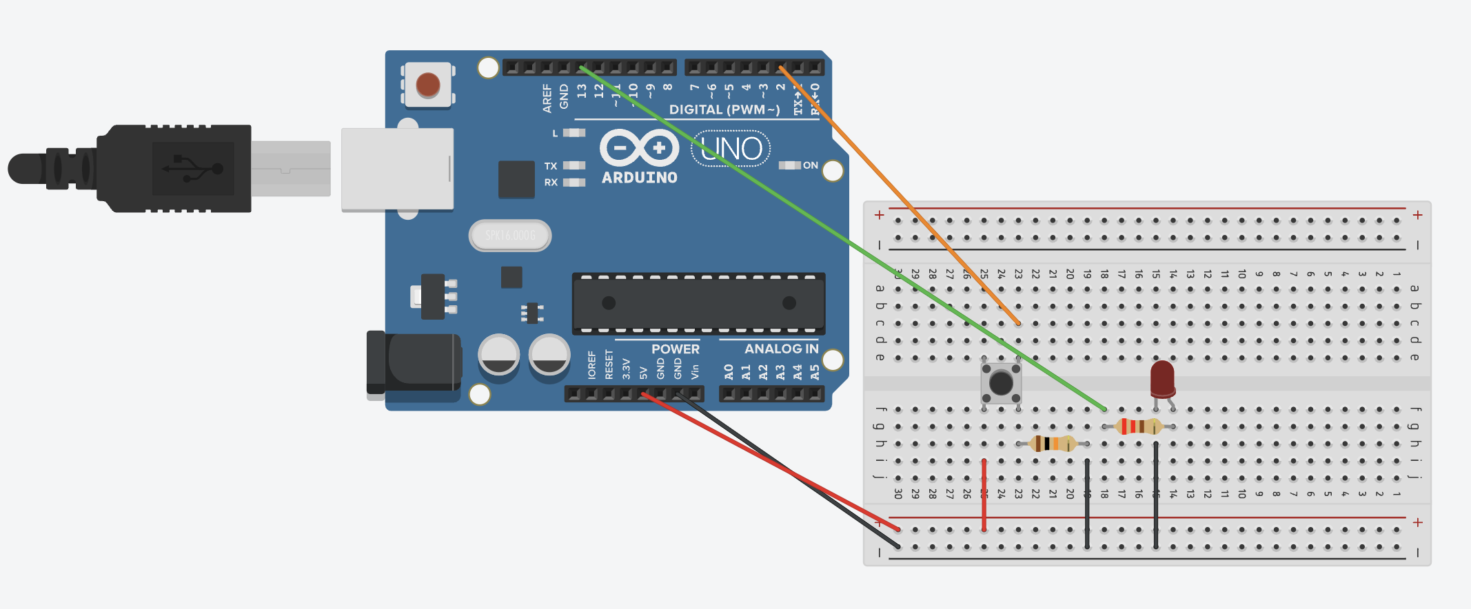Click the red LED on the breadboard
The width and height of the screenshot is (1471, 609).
click(x=1162, y=378)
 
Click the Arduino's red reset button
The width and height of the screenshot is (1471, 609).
click(x=428, y=85)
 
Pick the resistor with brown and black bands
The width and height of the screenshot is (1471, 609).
click(x=1052, y=444)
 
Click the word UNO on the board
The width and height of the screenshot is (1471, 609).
click(x=731, y=148)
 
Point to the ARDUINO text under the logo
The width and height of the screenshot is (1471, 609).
click(x=639, y=178)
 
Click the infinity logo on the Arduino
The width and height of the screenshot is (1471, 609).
click(x=639, y=147)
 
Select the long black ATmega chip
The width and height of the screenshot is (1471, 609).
click(x=698, y=303)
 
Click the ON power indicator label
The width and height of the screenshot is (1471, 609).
click(x=810, y=165)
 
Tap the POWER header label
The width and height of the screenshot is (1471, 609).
click(x=675, y=349)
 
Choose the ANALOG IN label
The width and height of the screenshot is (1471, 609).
click(x=781, y=349)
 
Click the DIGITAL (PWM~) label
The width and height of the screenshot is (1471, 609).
click(x=724, y=110)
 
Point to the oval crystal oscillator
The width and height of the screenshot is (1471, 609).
click(x=510, y=236)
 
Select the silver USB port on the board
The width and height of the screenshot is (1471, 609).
click(x=397, y=169)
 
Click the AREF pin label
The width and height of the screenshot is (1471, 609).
click(x=547, y=99)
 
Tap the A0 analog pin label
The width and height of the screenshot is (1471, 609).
click(x=729, y=372)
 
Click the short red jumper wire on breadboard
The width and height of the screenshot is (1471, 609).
click(x=984, y=495)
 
